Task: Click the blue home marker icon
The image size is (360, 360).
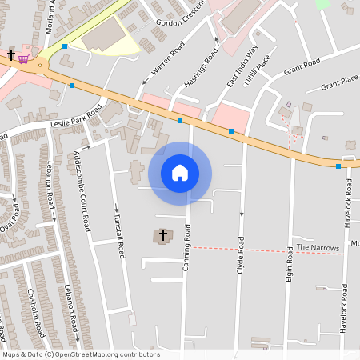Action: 180,173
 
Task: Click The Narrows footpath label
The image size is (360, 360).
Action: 318,248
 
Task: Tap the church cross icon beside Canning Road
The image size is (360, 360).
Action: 163,235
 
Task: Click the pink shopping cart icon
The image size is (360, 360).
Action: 25,58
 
